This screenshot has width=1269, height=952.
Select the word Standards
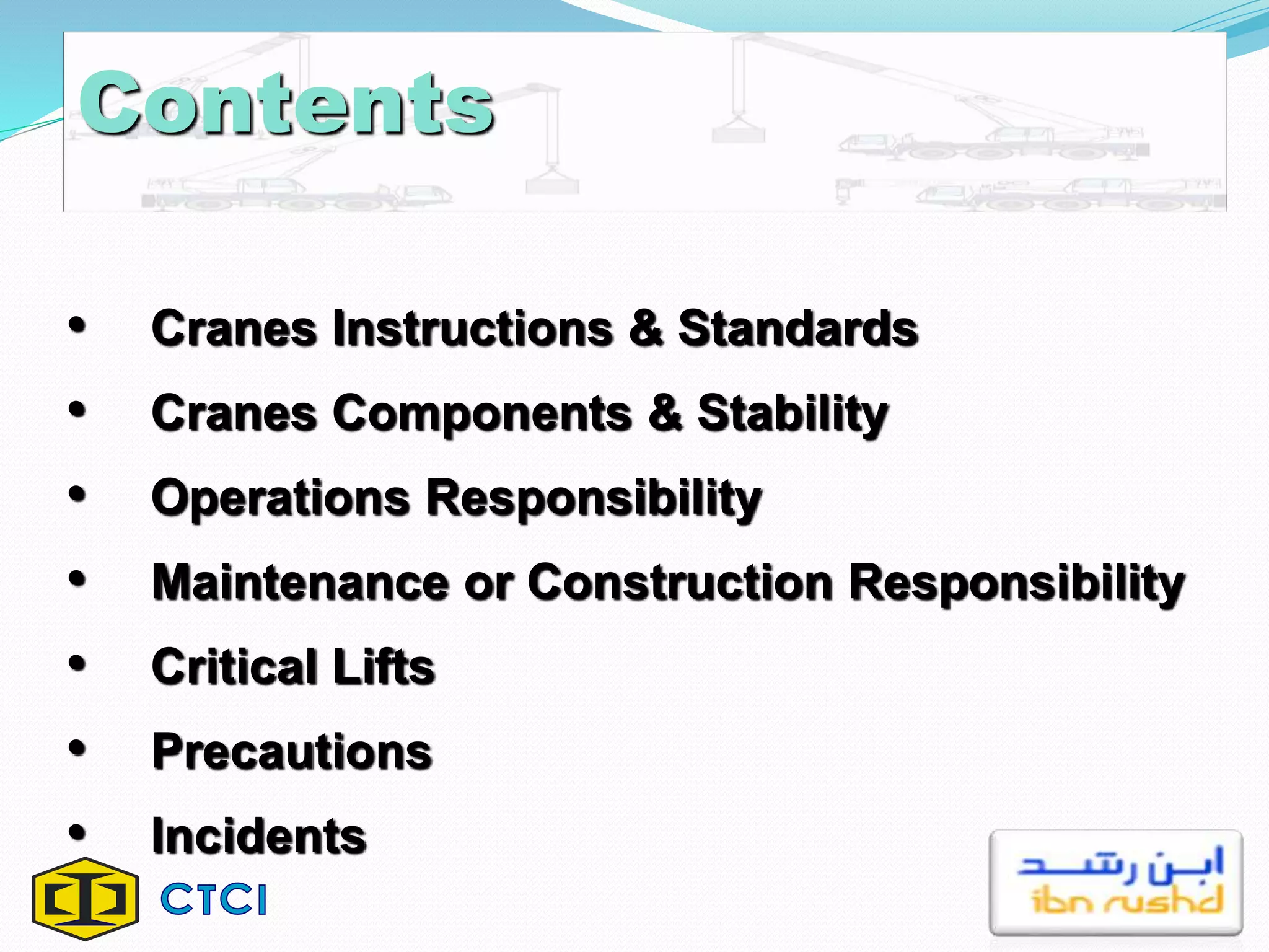click(798, 328)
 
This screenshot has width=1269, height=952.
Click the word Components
click(482, 414)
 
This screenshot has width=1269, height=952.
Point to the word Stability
click(793, 414)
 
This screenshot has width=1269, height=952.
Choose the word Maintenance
click(301, 583)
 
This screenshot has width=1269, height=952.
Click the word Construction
click(680, 583)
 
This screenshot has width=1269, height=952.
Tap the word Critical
click(235, 667)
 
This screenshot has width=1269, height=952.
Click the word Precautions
click(292, 752)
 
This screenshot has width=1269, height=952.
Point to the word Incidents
click(259, 836)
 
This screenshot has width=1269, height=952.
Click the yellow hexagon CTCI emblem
click(86, 899)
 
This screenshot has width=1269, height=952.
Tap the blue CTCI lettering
click(214, 899)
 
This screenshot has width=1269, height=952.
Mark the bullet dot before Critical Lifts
click(77, 664)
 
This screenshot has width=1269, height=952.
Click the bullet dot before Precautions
click(77, 749)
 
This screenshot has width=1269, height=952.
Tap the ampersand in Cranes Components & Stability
click(665, 414)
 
